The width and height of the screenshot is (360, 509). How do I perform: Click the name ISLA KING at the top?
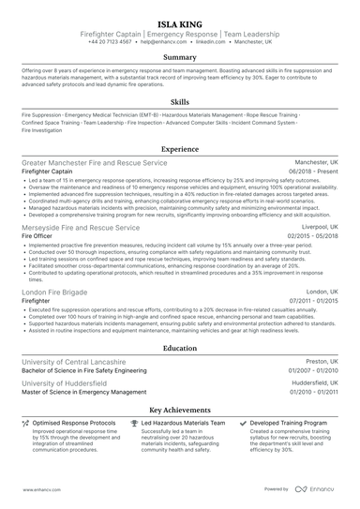(180, 19)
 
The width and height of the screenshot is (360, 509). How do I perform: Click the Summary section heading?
(180, 58)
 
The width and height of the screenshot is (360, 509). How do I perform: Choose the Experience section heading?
(180, 149)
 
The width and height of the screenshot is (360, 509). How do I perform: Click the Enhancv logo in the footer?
(316, 489)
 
